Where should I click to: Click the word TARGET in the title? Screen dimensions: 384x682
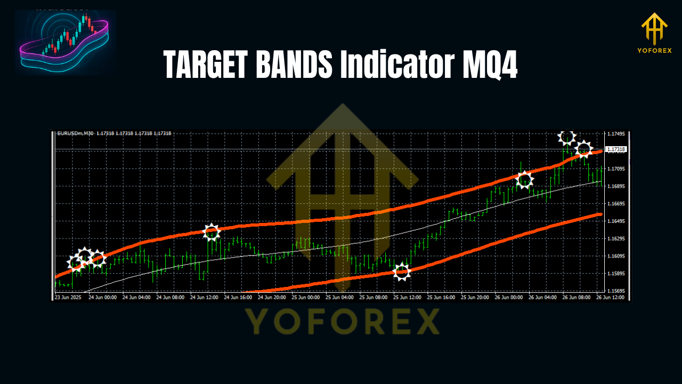tap(205, 66)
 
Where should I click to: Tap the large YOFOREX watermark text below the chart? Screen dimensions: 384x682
tap(342, 321)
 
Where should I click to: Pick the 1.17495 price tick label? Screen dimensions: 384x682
tap(616, 134)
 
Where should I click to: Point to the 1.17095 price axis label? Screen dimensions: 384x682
tap(616, 169)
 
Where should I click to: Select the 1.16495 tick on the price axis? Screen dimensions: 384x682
tap(616, 221)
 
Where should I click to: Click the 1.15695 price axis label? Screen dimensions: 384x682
tap(616, 291)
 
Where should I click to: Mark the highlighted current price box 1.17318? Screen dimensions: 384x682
tap(616, 149)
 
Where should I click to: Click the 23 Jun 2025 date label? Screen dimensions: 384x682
tap(69, 297)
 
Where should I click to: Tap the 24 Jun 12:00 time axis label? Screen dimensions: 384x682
tap(204, 297)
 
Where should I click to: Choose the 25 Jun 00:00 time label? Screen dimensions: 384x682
tap(306, 297)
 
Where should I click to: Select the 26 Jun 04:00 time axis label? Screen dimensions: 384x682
tap(543, 297)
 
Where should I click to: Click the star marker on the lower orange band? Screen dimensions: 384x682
tap(402, 272)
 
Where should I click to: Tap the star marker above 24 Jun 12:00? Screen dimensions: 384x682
tap(212, 232)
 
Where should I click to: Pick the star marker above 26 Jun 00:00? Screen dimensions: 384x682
tap(525, 180)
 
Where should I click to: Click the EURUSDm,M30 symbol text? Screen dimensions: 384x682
tap(75, 133)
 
